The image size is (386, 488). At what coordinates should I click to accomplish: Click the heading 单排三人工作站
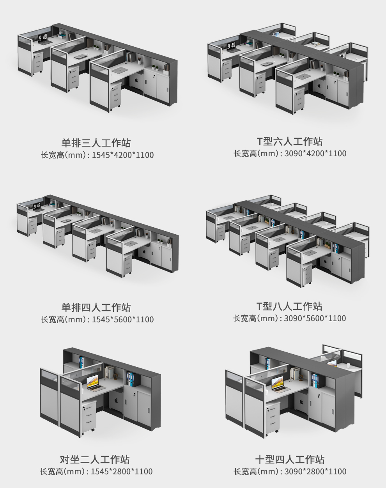[x=96, y=143]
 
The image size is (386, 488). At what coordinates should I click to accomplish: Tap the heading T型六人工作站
[x=290, y=141]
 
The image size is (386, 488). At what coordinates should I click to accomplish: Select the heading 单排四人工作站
[x=96, y=307]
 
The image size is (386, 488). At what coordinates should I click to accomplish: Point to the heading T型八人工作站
[x=289, y=306]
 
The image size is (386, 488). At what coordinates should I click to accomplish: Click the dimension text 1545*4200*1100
[x=123, y=155]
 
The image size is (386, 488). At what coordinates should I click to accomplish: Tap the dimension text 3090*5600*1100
[x=315, y=318]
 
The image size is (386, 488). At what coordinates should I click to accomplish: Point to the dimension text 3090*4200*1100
[x=315, y=154]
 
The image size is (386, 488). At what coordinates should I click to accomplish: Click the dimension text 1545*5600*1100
[x=123, y=320]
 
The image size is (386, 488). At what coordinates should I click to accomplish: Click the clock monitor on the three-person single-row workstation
[x=42, y=38]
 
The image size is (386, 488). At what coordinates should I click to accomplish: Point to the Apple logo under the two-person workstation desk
[x=117, y=401]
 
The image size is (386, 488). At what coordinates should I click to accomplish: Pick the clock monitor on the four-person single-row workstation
[x=37, y=206]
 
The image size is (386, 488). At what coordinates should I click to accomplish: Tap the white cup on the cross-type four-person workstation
[x=348, y=365]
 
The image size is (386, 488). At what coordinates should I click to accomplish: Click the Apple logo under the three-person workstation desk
[x=136, y=80]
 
